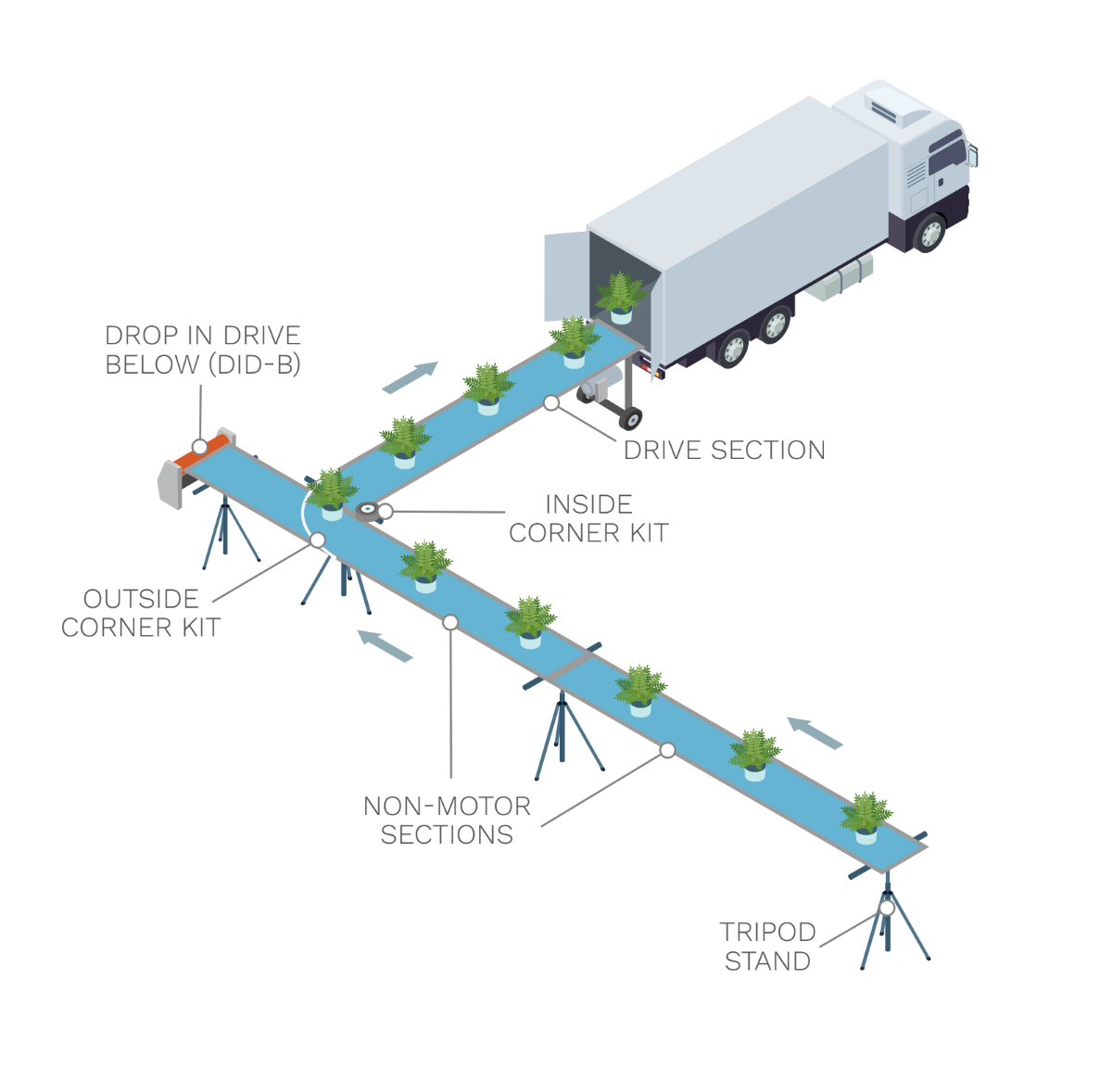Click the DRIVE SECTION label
724,451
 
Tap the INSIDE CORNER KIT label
588,518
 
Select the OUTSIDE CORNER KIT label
141,613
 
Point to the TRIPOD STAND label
767,947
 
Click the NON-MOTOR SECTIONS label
447,820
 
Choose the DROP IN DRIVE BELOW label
203,350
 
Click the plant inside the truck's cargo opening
620,297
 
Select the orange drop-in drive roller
201,451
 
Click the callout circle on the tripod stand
887,908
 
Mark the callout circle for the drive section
551,402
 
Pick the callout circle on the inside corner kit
386,511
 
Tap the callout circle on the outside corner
318,540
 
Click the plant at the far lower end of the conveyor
866,816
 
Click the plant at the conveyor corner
331,492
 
